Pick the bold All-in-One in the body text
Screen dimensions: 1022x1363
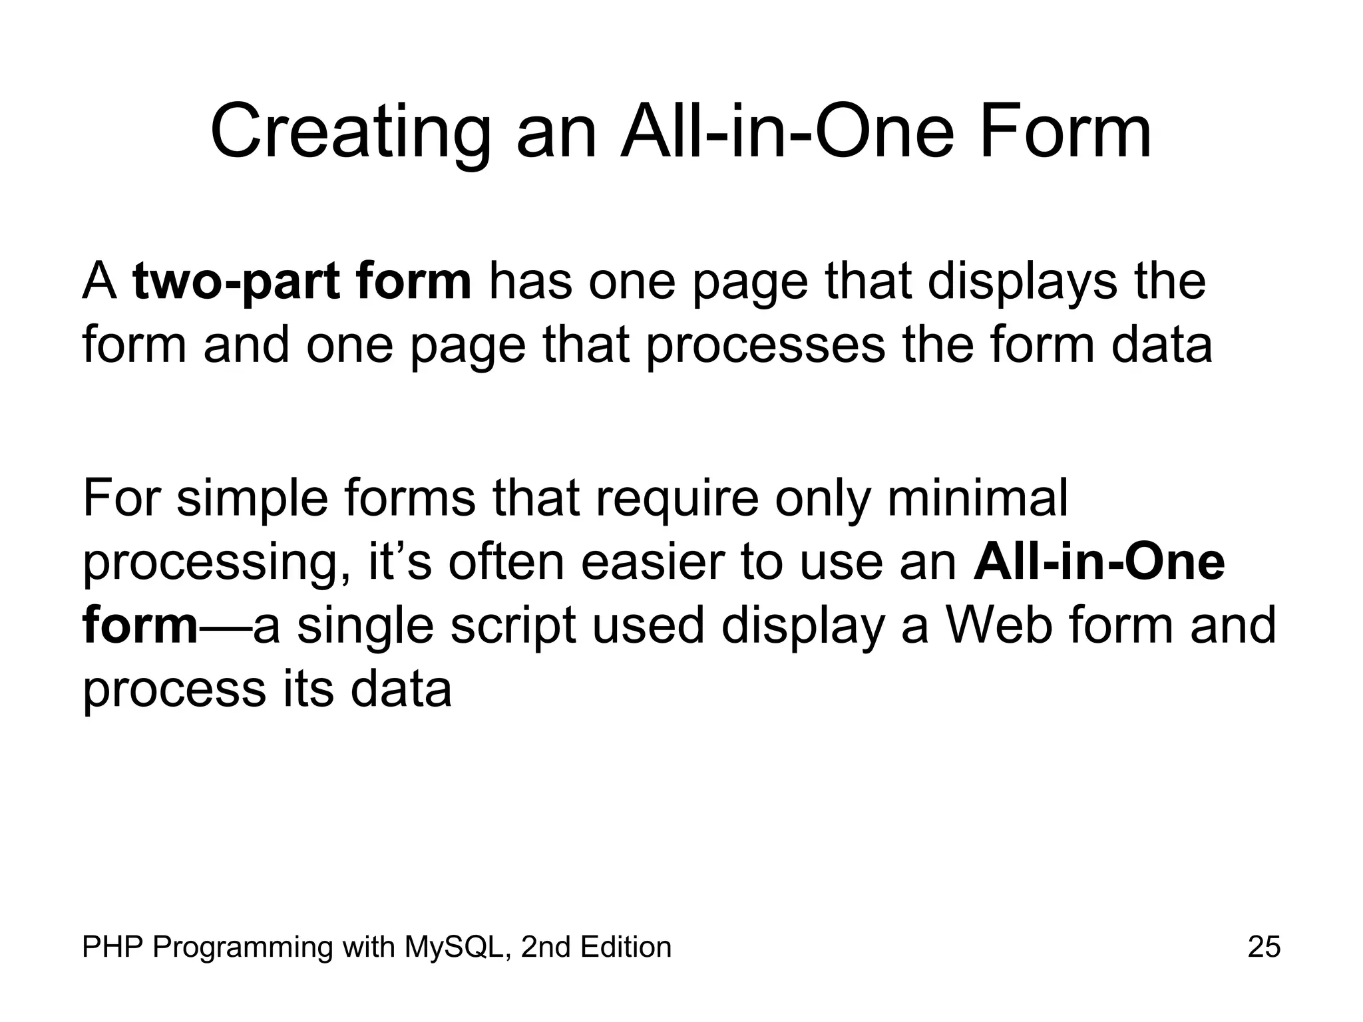click(1098, 562)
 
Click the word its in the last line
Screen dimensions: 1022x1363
click(308, 689)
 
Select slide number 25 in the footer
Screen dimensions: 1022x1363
click(1264, 947)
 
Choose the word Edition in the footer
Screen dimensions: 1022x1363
click(626, 947)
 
